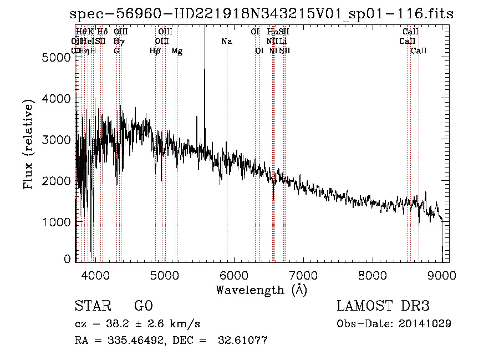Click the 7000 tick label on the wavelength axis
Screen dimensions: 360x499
(x=303, y=275)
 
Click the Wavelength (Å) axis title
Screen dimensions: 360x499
(x=261, y=290)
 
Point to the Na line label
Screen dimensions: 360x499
(x=227, y=42)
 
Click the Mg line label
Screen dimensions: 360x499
(x=177, y=51)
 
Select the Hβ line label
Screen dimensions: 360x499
(x=155, y=51)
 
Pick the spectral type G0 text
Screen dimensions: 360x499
(x=143, y=306)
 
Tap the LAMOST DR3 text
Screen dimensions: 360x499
(x=383, y=306)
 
